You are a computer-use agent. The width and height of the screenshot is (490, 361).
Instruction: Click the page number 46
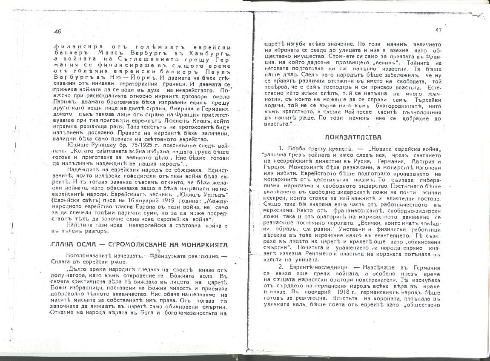(58, 32)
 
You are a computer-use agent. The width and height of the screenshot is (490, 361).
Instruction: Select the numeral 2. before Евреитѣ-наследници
(281, 267)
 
